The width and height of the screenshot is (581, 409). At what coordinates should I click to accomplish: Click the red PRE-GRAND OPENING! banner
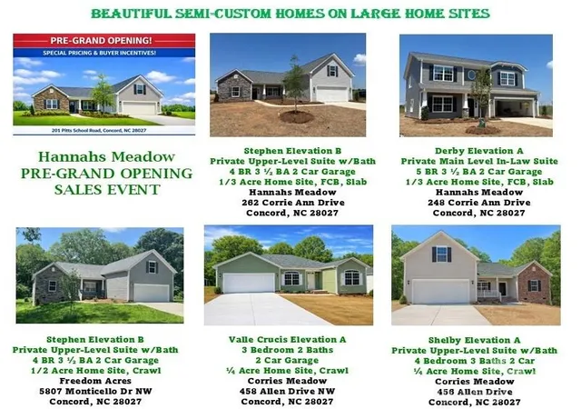coord(104,41)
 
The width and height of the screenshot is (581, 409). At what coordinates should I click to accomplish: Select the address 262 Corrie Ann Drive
coord(293,203)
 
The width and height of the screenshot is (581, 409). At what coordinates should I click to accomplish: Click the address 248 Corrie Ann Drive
coord(479,203)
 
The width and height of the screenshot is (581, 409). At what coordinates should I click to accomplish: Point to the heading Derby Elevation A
coord(479,151)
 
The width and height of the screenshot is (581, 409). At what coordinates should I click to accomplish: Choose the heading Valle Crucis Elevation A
coord(288,340)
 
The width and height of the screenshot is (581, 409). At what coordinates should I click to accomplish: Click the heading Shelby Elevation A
coord(474,340)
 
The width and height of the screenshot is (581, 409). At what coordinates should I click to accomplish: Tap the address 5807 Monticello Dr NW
coord(95,391)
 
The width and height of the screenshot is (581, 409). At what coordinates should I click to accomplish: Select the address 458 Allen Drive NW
coord(287,391)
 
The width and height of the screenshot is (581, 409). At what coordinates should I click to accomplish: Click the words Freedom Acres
coord(95,381)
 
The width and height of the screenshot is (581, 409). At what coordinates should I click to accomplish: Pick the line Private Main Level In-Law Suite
coord(479,161)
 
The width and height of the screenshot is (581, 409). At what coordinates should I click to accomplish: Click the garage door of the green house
coord(249,283)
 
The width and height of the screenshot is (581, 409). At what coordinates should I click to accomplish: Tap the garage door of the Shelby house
coord(440,292)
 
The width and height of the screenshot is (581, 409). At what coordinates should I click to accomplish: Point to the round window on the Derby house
coord(472,75)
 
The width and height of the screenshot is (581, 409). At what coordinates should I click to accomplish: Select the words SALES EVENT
coord(107,190)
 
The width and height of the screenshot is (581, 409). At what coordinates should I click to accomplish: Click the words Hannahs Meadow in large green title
coord(107,156)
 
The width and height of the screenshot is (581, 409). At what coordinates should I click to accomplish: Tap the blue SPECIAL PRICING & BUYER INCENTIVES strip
coord(104,53)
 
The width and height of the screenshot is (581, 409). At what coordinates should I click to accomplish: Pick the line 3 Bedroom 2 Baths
coord(288,350)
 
